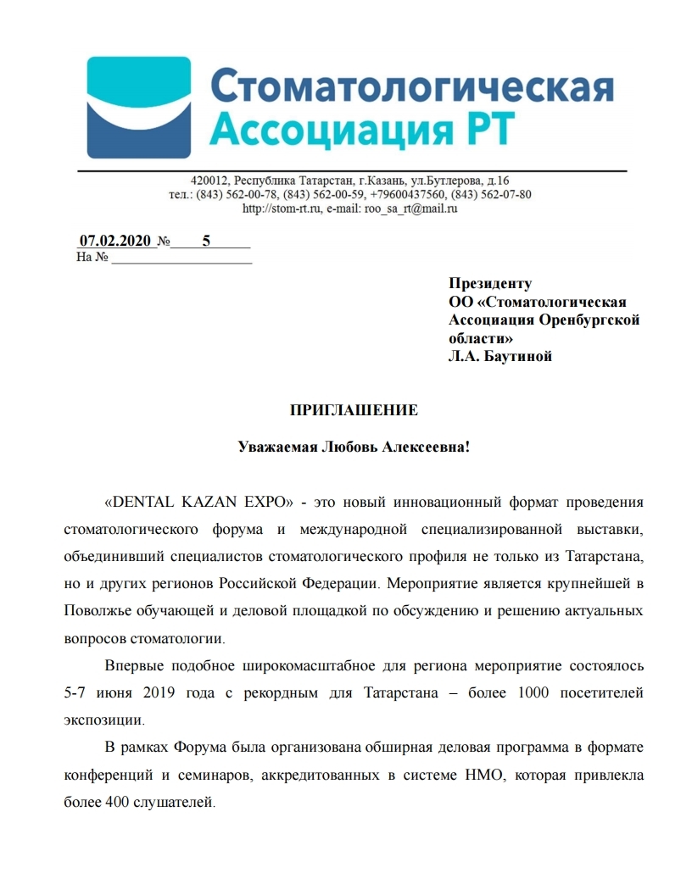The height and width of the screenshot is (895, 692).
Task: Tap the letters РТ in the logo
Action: pyautogui.click(x=486, y=131)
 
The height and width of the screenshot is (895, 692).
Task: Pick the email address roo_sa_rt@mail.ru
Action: pyautogui.click(x=410, y=208)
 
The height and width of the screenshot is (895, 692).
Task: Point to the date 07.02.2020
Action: pyautogui.click(x=114, y=241)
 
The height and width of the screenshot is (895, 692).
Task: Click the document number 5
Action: pyautogui.click(x=206, y=241)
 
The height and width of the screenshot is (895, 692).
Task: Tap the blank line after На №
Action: pyautogui.click(x=181, y=258)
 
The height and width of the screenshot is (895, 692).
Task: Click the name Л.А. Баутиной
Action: pyautogui.click(x=500, y=356)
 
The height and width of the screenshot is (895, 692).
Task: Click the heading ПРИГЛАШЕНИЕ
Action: pyautogui.click(x=354, y=411)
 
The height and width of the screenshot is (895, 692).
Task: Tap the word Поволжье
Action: pyautogui.click(x=96, y=611)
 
